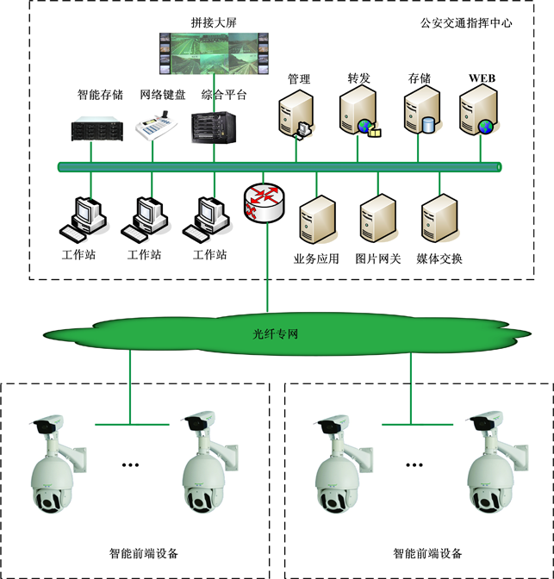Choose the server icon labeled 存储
(x=420, y=113)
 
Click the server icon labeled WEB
(x=479, y=113)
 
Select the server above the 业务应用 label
(x=316, y=220)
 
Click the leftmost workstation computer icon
(x=84, y=220)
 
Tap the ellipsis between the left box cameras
(x=130, y=465)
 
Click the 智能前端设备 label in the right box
(x=427, y=553)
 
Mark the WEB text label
(x=482, y=78)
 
